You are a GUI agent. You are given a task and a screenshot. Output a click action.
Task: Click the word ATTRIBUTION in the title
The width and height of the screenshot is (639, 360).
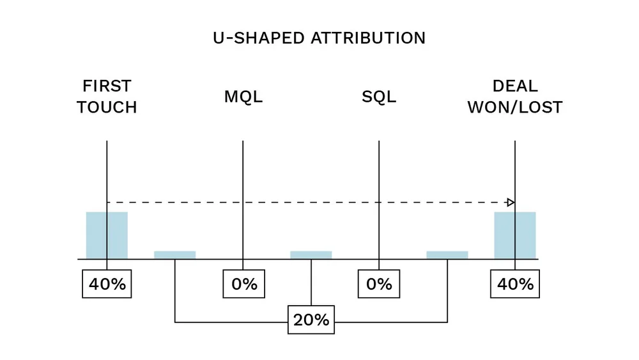(x=367, y=38)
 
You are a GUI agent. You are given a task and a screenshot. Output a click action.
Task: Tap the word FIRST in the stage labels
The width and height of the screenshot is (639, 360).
(x=107, y=86)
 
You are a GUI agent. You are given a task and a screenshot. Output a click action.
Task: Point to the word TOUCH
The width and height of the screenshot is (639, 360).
(x=107, y=107)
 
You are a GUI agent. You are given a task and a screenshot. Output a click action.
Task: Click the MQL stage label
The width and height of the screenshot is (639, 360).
(x=243, y=97)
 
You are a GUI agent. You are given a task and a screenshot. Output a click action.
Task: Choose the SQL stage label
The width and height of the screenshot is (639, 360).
(x=379, y=97)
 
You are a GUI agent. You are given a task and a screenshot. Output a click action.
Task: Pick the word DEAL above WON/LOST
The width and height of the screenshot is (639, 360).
(x=515, y=86)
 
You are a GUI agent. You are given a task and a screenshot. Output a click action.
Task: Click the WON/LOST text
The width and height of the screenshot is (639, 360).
(x=515, y=107)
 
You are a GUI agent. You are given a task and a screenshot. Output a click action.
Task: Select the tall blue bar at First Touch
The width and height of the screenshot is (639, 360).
(x=107, y=235)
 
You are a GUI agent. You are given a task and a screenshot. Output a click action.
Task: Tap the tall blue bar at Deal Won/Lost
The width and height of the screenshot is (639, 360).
(x=515, y=235)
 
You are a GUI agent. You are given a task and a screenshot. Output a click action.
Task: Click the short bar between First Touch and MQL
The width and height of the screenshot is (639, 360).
(x=174, y=254)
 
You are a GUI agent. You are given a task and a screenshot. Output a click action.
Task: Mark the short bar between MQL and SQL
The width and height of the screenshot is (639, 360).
(x=311, y=254)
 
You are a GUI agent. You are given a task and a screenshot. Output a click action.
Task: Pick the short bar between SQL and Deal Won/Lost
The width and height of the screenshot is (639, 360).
(x=447, y=254)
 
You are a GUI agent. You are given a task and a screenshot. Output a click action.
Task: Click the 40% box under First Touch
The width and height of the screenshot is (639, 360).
(x=107, y=284)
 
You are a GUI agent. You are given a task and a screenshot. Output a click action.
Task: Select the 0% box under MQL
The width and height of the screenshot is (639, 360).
(x=243, y=284)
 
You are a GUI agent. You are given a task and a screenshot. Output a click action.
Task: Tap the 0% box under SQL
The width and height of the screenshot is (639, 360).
(x=379, y=284)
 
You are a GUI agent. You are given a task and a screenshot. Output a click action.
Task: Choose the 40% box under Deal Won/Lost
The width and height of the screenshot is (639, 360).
(x=515, y=284)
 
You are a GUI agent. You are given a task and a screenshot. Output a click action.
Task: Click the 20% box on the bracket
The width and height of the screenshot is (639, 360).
(x=311, y=320)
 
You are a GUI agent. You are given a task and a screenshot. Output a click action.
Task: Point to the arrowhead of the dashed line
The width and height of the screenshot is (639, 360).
(x=511, y=202)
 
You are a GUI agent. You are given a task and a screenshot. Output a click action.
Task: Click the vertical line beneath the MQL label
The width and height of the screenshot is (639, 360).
(x=243, y=179)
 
